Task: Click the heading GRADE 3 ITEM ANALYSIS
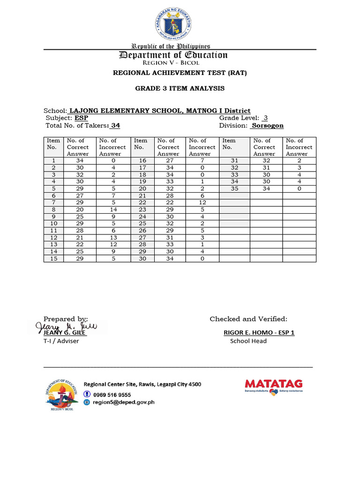pos(180,88)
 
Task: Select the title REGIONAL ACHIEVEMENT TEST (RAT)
pos(180,73)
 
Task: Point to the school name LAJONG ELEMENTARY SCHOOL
pos(126,111)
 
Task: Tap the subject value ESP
pos(81,118)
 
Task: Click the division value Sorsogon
pos(267,126)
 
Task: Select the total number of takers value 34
pos(115,126)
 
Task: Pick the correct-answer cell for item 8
pos(78,210)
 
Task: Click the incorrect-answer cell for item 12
pos(113,238)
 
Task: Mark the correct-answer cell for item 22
pos(168,202)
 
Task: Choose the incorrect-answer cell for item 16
pos(203,160)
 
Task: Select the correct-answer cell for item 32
pos(266,167)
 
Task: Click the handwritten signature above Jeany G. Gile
pos(68,325)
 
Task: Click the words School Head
pos(248,341)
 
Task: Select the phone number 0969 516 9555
pos(112,395)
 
